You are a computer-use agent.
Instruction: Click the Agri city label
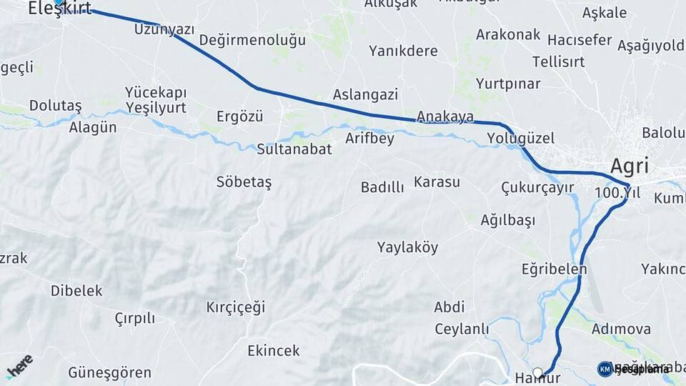(x=630, y=167)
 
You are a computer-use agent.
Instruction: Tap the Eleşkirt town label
(x=59, y=9)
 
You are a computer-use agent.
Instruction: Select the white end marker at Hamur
(x=538, y=373)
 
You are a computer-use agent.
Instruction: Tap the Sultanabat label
(x=294, y=149)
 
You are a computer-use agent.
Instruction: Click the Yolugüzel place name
(x=521, y=138)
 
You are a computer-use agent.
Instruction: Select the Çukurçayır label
(x=537, y=187)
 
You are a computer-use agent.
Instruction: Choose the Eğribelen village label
(x=554, y=269)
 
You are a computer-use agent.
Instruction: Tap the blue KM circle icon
(x=605, y=369)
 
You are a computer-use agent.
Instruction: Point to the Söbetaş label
(x=244, y=182)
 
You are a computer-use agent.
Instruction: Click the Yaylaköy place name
(x=407, y=247)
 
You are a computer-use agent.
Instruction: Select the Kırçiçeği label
(x=235, y=307)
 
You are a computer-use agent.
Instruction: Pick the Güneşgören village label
(x=109, y=372)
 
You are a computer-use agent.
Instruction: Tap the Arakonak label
(x=508, y=34)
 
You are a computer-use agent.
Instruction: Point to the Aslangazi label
(x=365, y=94)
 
